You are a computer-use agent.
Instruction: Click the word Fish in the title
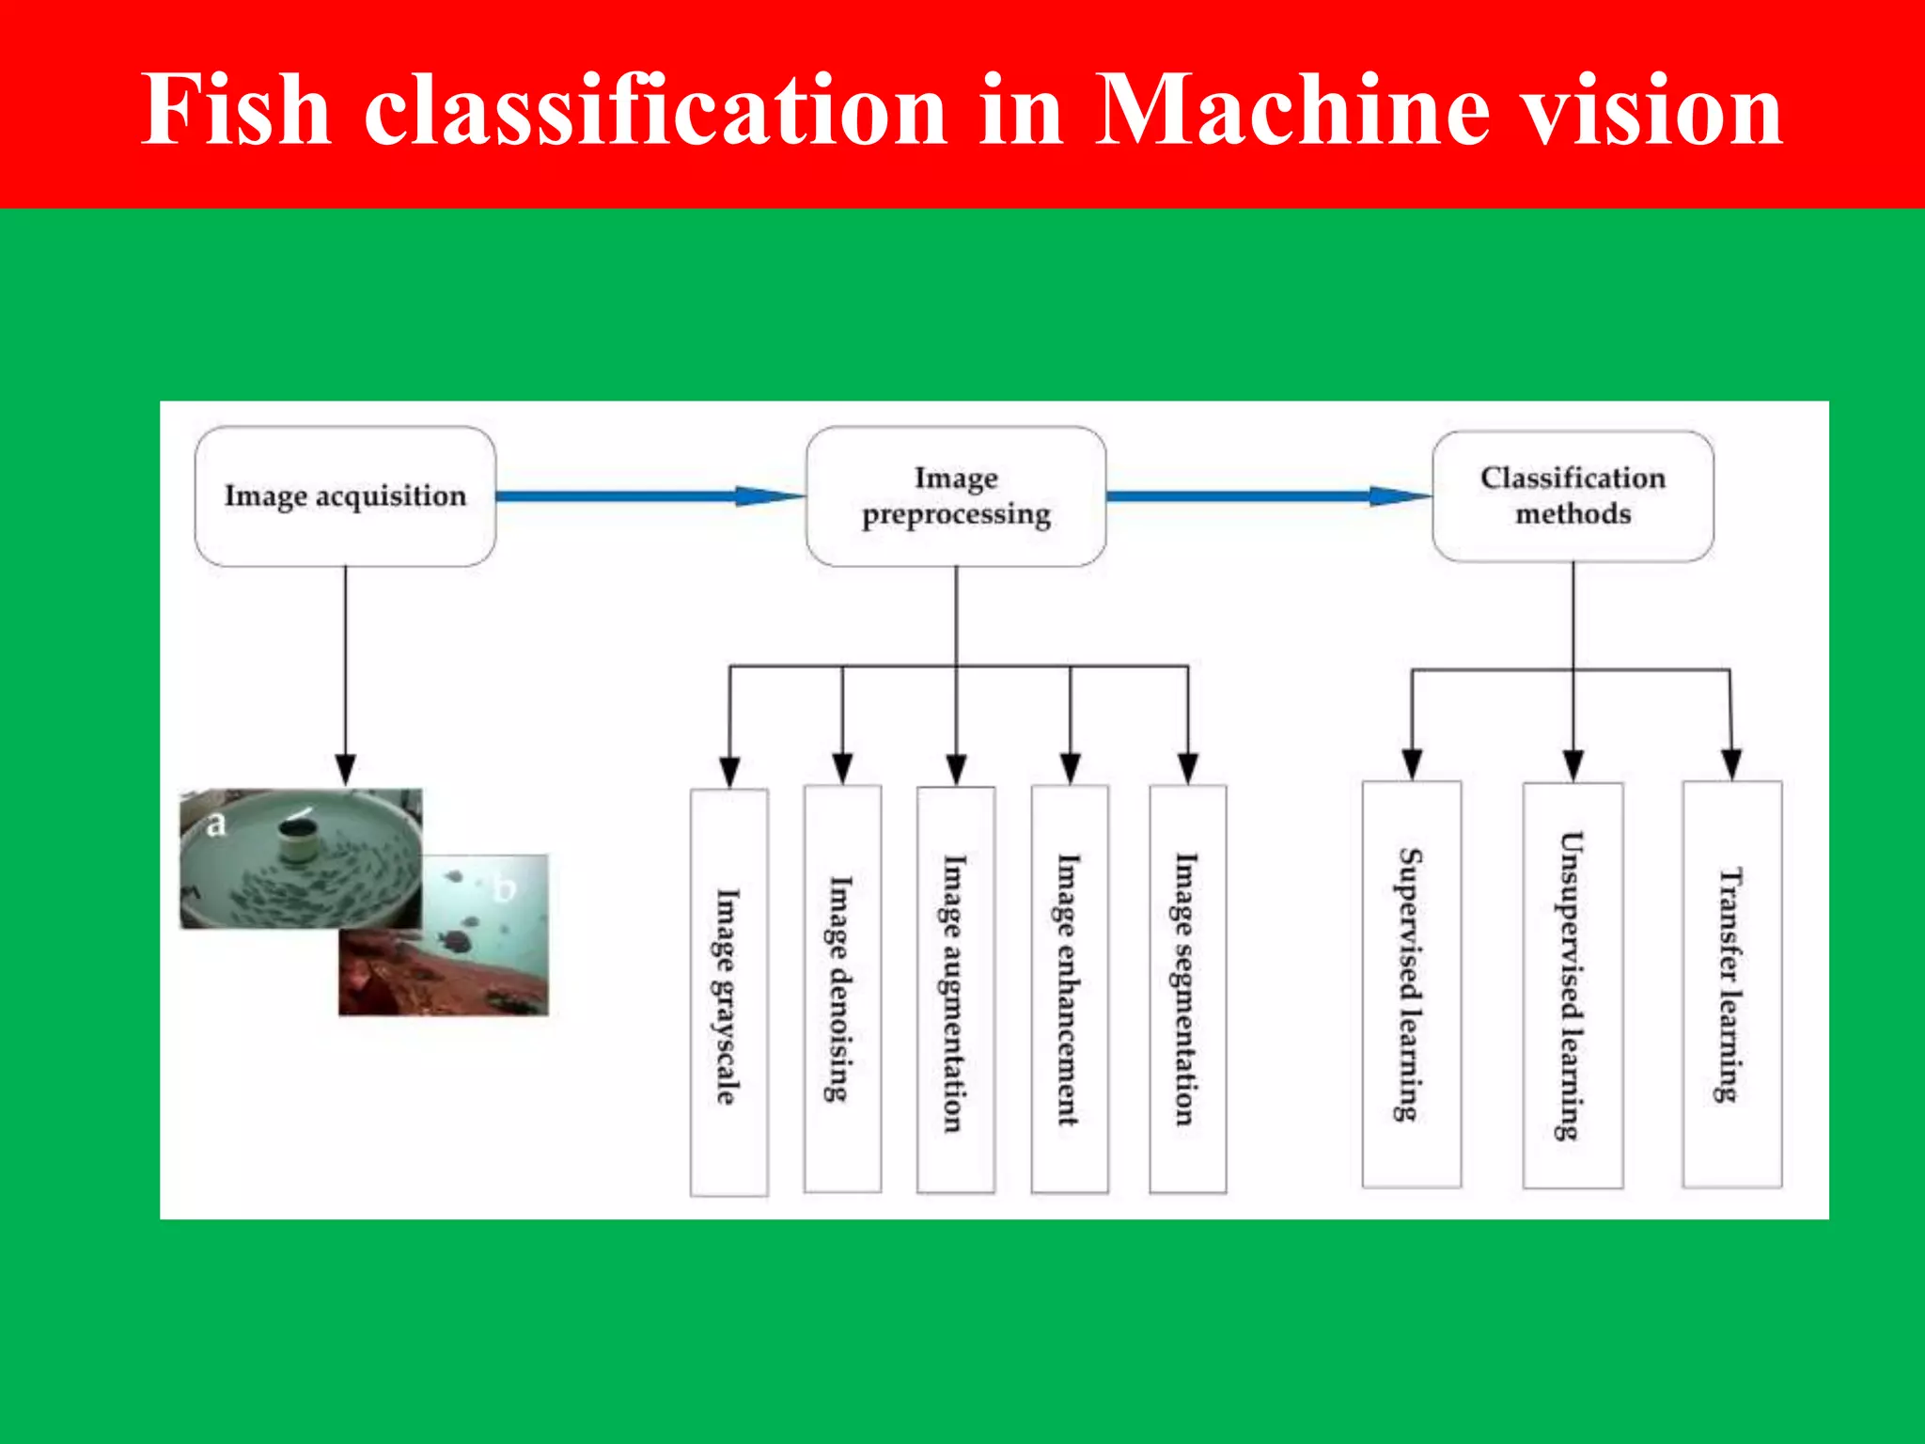click(x=235, y=110)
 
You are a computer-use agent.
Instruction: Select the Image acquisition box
click(x=345, y=495)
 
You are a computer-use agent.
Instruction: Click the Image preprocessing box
click(x=956, y=495)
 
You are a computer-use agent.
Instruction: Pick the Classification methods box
click(x=1573, y=495)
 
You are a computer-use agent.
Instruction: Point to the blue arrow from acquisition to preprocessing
click(x=649, y=495)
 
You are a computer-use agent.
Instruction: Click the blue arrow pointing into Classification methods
click(x=1269, y=495)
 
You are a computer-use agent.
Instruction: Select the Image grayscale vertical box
click(x=728, y=992)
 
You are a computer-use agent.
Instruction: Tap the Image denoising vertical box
click(x=842, y=989)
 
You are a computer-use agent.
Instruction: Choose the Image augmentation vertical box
click(x=955, y=990)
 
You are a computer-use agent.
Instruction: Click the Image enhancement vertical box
click(x=1069, y=989)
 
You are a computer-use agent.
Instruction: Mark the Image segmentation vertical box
click(x=1187, y=989)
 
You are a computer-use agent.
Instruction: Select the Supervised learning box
click(x=1411, y=984)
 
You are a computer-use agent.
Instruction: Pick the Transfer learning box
click(x=1731, y=984)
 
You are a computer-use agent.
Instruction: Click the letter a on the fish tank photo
click(x=216, y=824)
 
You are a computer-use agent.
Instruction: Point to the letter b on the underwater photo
click(x=505, y=887)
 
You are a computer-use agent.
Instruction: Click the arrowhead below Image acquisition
click(x=345, y=768)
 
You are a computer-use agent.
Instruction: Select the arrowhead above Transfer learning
click(x=1731, y=763)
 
